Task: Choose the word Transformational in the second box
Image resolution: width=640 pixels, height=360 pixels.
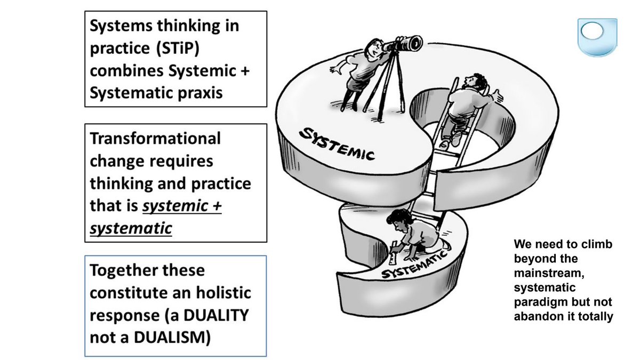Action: pos(155,138)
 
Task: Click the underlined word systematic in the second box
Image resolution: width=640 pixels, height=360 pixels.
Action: pos(131,228)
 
